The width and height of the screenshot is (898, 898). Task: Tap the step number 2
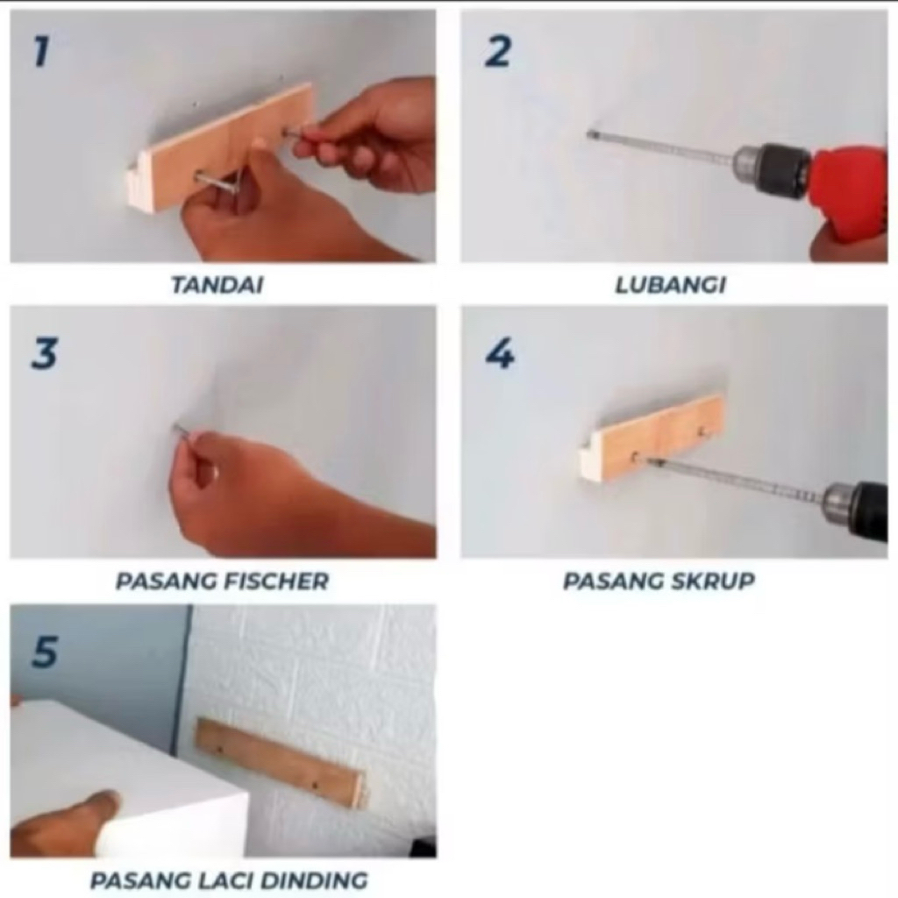point(497,52)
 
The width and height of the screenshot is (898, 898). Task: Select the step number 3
point(44,353)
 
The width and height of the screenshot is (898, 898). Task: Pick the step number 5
point(45,652)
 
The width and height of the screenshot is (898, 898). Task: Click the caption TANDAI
point(217,285)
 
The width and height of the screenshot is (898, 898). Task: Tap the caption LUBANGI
point(670,285)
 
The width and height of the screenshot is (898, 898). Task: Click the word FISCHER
point(276,581)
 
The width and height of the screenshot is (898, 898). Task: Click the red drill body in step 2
point(851,191)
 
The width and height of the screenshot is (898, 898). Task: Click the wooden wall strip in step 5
point(281,764)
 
